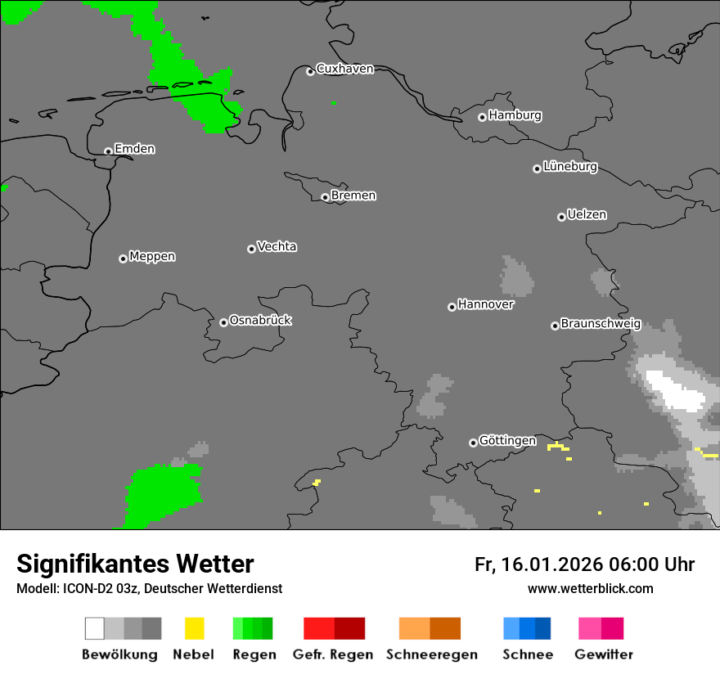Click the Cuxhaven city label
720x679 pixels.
click(x=344, y=70)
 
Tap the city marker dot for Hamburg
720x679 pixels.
click(x=482, y=117)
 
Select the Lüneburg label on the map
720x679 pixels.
click(x=570, y=167)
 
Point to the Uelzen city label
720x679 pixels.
click(x=587, y=215)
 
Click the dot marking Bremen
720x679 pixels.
click(x=325, y=197)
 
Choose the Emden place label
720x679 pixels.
click(x=134, y=150)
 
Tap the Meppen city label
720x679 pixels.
click(x=152, y=257)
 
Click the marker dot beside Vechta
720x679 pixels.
click(x=251, y=249)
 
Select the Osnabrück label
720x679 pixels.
click(x=260, y=321)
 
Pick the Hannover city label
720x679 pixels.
click(x=486, y=305)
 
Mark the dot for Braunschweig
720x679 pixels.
click(x=555, y=326)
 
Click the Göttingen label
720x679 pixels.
click(x=507, y=441)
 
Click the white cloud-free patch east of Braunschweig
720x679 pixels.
click(x=676, y=390)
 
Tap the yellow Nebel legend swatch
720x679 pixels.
click(x=194, y=628)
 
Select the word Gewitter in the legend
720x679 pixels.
click(x=604, y=654)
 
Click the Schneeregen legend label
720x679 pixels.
click(x=432, y=654)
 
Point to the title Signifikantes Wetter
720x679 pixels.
click(x=135, y=564)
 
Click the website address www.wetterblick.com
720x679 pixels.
click(x=590, y=588)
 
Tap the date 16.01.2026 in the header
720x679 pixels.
click(x=550, y=564)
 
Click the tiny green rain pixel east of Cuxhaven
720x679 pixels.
click(x=334, y=102)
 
